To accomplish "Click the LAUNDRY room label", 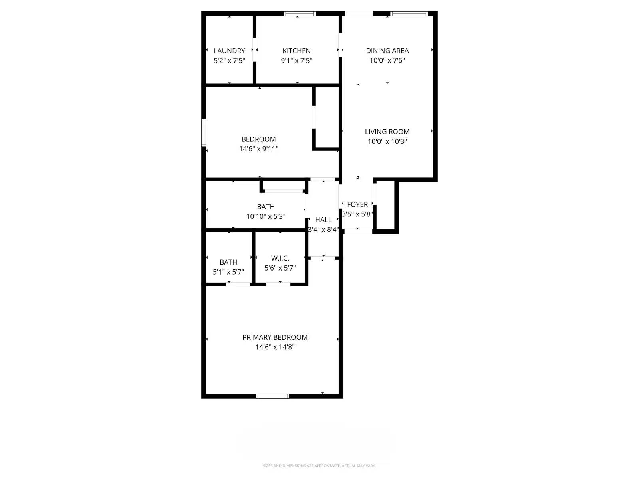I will [x=229, y=51].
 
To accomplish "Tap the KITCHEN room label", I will [x=296, y=51].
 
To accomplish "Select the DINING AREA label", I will [x=387, y=51].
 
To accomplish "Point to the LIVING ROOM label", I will [x=387, y=132].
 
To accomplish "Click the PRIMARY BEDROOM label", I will [x=275, y=337].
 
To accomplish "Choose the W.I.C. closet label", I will [x=280, y=259].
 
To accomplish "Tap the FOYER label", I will [x=357, y=204].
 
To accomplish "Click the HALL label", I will [x=323, y=220].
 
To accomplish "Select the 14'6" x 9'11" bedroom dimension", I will [x=258, y=149].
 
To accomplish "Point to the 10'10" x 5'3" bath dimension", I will [x=266, y=216].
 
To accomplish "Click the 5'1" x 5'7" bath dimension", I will [x=228, y=272].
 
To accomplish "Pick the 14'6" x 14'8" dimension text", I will [x=275, y=347].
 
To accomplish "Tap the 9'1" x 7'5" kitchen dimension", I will [x=296, y=61].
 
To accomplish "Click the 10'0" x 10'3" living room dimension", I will [x=387, y=141].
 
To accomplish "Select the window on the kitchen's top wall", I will [x=299, y=14].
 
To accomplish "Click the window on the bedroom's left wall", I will [x=204, y=133].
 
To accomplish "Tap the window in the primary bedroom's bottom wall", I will [x=272, y=396].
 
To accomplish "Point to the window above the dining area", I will [x=409, y=14].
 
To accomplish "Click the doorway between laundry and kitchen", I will [x=254, y=50].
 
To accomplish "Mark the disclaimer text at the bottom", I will [x=319, y=466].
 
